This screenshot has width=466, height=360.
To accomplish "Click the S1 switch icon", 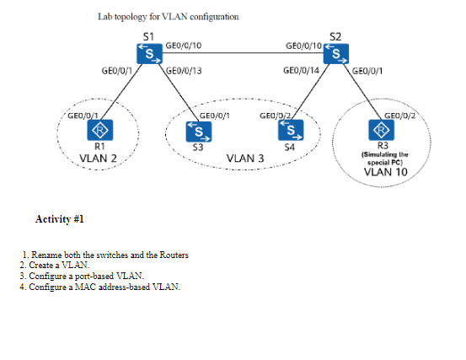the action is click(x=149, y=54).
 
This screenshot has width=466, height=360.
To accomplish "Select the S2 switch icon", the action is click(x=336, y=53).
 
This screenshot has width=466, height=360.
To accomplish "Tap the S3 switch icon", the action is click(x=199, y=132).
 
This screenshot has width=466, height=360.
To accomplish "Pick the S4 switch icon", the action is click(x=291, y=130).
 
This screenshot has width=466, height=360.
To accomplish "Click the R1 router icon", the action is click(x=99, y=130).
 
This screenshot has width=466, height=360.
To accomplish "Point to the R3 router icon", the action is click(x=381, y=130).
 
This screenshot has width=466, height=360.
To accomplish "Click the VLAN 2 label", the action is click(x=98, y=159).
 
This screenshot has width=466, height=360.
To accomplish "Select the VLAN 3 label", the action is click(x=245, y=159).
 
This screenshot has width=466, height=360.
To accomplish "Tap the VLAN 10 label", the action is click(x=385, y=172).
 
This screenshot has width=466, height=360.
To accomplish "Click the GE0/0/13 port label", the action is click(x=184, y=71).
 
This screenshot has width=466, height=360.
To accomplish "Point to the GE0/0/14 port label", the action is click(x=301, y=71).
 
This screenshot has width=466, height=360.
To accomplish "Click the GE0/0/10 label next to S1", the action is click(x=184, y=46).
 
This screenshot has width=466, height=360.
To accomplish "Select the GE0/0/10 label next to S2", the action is click(x=303, y=46).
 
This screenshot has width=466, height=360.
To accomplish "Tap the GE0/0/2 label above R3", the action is click(x=399, y=116).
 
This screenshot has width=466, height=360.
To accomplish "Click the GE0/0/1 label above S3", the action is click(x=215, y=116).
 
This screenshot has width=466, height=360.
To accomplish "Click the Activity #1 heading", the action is click(x=60, y=219).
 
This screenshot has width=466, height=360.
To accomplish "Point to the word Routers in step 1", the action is click(x=174, y=255).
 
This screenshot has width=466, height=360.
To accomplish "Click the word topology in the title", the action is click(x=131, y=17).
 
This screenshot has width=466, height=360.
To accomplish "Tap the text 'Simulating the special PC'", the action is click(x=385, y=159).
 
